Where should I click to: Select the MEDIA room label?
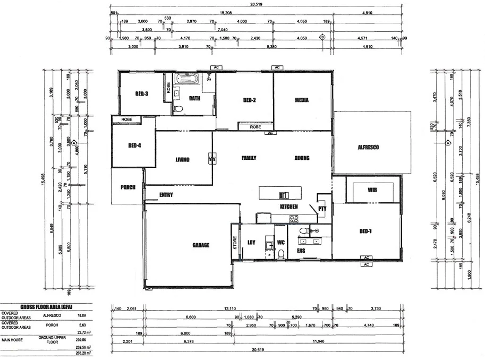coord(302,100)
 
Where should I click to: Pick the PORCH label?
coord(127,187)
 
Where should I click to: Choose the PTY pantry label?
coord(322,209)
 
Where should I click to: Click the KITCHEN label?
coord(289,206)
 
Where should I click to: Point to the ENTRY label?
coord(166,195)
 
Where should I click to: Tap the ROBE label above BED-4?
coord(126,120)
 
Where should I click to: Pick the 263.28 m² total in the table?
coord(82,353)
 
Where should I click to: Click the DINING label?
coord(302,158)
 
